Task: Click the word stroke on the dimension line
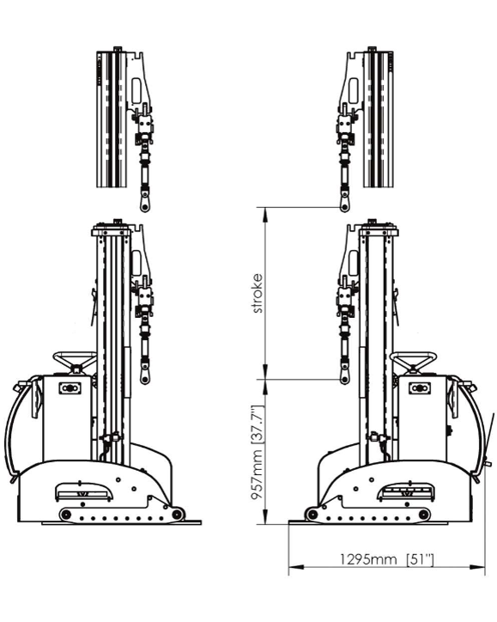point(258,293)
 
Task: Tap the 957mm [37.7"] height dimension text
point(258,453)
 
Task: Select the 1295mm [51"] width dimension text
point(387,559)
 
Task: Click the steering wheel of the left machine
point(75,361)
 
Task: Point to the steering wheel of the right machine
point(414,361)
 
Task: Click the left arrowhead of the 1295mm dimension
point(295,567)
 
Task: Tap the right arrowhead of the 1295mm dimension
point(477,567)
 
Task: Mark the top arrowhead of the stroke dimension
point(265,214)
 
